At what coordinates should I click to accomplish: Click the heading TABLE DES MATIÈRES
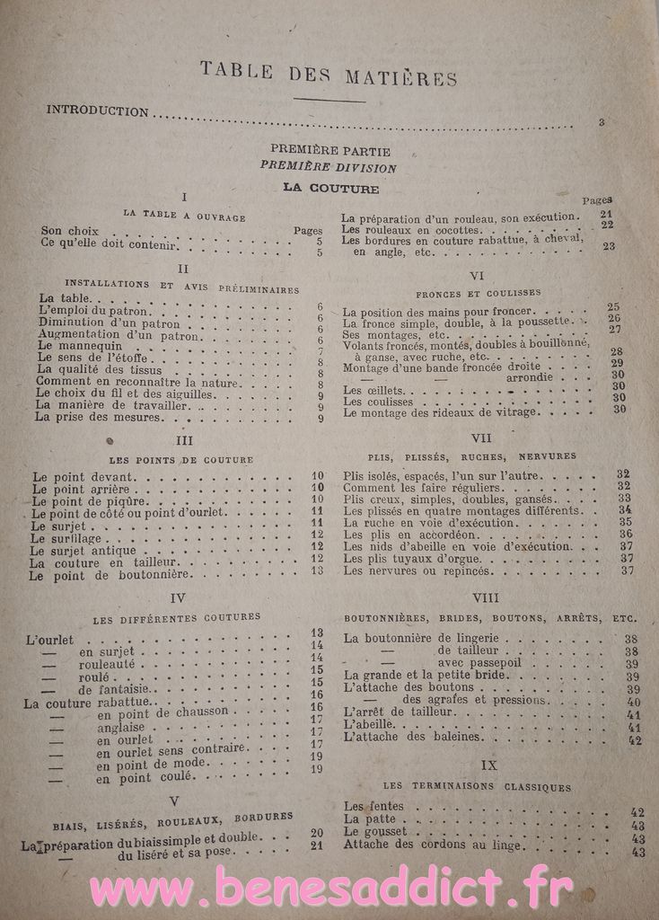[x=329, y=75]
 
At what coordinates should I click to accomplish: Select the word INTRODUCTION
[x=97, y=111]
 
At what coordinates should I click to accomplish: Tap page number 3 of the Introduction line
[x=602, y=121]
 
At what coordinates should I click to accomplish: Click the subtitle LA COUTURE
[x=330, y=189]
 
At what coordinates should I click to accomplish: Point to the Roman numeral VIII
[x=486, y=597]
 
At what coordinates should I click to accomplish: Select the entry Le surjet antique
[x=83, y=550]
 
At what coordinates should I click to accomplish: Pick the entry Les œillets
[x=368, y=392]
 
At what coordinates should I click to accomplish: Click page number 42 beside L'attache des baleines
[x=634, y=740]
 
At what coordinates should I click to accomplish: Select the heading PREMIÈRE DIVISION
[x=329, y=167]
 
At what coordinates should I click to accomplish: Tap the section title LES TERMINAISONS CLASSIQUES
[x=487, y=787]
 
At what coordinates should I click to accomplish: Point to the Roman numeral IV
[x=178, y=597]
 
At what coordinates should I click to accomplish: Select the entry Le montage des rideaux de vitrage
[x=440, y=412]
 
